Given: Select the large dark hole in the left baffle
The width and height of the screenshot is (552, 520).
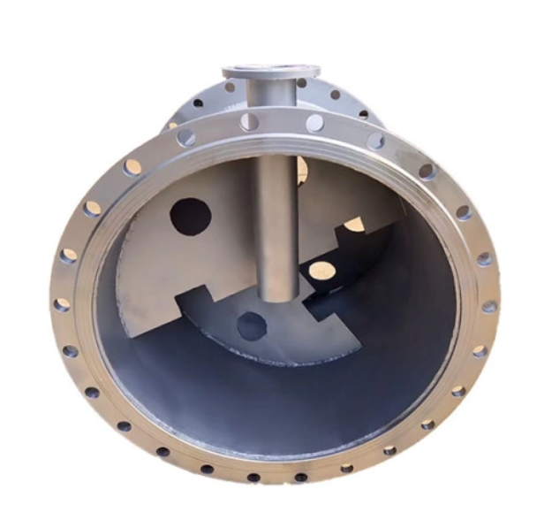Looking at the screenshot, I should [190, 216].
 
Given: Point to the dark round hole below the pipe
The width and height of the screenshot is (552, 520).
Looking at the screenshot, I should [252, 326].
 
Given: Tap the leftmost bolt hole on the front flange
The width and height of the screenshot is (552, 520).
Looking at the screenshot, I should [62, 305].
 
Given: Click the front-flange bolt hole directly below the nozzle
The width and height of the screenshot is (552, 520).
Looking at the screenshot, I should [250, 122].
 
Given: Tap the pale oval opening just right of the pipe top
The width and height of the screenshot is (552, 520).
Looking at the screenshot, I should [302, 168].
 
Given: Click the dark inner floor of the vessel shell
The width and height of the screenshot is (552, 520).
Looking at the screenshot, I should [265, 407].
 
